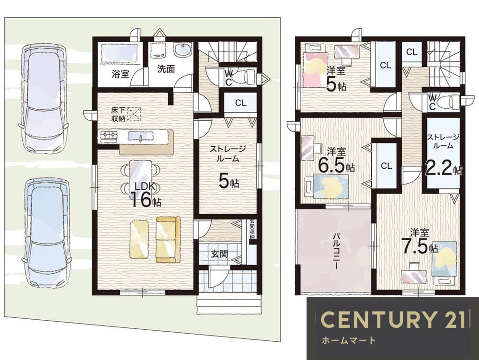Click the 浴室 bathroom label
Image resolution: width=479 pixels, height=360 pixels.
tap(120, 74)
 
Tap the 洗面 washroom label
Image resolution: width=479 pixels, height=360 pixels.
tap(166, 69)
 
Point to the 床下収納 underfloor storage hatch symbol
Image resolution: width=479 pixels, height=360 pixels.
tap(134, 114)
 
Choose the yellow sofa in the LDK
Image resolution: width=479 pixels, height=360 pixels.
tap(168, 239)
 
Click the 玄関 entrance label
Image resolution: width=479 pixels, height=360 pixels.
tap(219, 254)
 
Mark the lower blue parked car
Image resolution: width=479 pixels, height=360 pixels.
tap(46, 234)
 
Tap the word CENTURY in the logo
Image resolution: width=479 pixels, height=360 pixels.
tap(377, 319)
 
